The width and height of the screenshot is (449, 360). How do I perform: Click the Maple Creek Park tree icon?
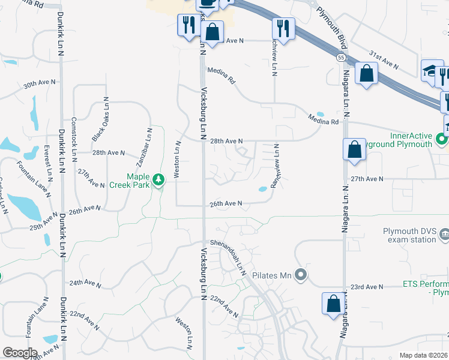tap(158, 179)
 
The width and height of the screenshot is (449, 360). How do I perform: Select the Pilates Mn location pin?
tap(301, 275)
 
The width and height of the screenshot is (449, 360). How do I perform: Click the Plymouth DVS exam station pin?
tap(444, 233)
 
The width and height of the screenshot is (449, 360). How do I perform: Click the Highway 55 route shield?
tap(340, 57)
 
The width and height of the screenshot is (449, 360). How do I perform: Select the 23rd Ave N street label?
tap(367, 287)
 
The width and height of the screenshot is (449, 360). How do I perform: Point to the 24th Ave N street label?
tap(85, 282)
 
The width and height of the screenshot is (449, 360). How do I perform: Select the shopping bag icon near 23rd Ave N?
tap(333, 304)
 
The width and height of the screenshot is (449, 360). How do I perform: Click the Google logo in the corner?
tap(20, 353)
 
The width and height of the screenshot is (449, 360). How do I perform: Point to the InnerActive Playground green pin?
tap(442, 140)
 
